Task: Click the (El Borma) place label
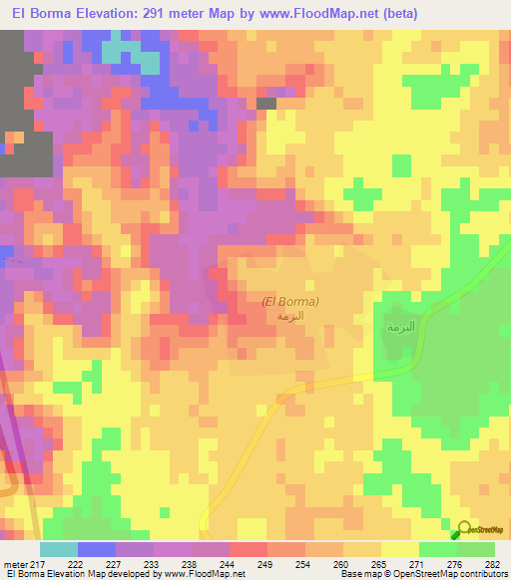(289, 301)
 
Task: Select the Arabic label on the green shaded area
(400, 326)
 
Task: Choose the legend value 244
(230, 563)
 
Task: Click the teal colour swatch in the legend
(59, 549)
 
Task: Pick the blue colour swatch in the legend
(97, 549)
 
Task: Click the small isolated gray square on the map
(266, 103)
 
